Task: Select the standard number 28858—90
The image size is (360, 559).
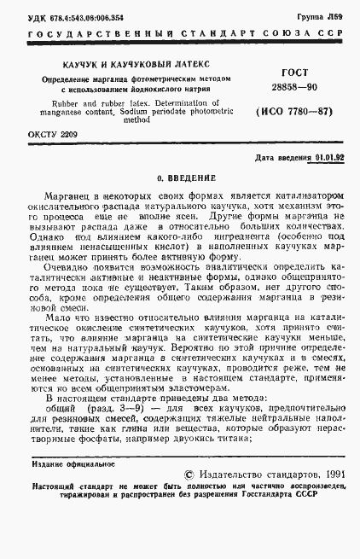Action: coord(293,88)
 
